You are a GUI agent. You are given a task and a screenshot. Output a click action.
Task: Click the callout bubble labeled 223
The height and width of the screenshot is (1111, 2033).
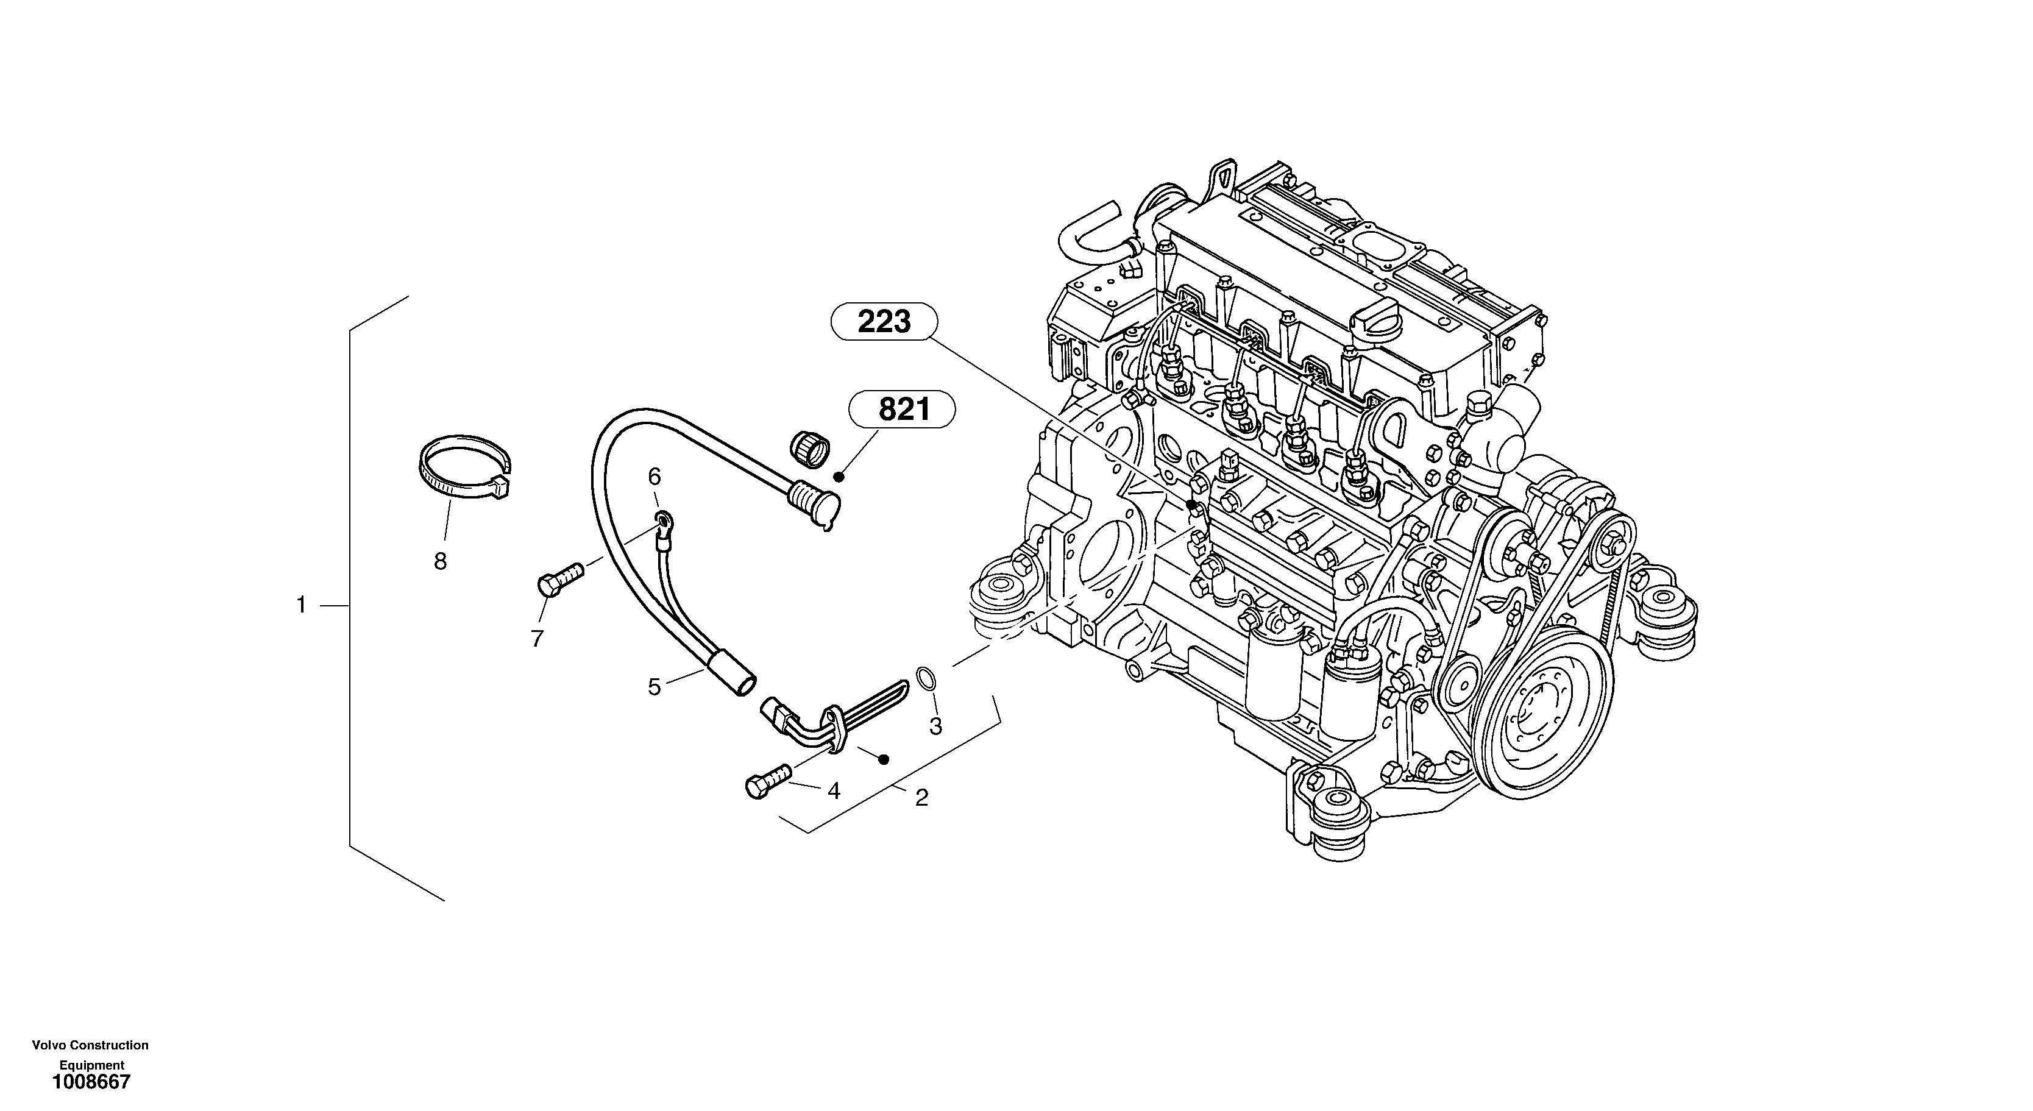884,322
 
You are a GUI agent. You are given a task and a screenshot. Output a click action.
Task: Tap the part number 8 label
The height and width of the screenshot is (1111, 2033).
441,561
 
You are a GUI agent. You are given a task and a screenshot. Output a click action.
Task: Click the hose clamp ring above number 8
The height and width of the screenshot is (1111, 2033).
463,466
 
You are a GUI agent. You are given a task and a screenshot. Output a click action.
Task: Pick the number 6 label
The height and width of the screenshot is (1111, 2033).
655,477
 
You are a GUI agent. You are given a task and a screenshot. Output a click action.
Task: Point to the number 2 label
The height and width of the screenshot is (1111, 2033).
921,798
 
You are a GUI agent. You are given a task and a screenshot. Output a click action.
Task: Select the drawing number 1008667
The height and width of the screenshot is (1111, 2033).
91,1082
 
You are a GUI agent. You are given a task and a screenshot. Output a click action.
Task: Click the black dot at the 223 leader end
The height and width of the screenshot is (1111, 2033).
1190,503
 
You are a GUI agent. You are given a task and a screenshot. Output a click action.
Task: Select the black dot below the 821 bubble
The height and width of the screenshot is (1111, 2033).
840,477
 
